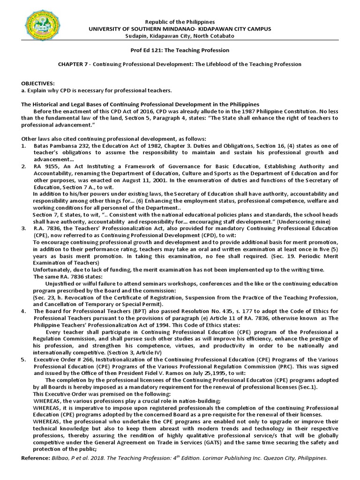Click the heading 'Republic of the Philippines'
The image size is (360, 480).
[180, 22]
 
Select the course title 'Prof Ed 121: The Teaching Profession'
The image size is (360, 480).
[180, 50]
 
